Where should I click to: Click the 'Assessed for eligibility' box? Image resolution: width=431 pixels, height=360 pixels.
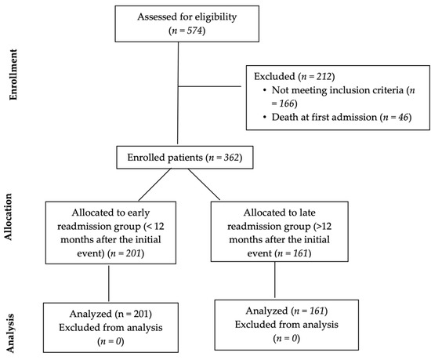coord(181,24)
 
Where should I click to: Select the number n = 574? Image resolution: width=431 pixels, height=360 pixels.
coord(181,31)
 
